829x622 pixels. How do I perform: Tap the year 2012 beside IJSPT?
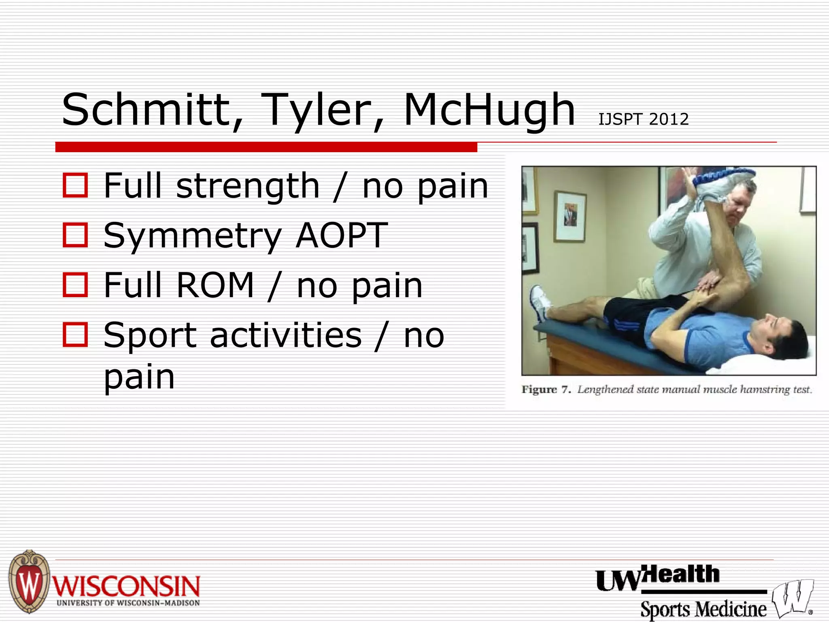[x=668, y=119]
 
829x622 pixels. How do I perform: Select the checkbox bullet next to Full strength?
[x=75, y=185]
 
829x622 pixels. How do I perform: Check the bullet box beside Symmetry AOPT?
[x=75, y=235]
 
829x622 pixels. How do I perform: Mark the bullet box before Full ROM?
[x=75, y=285]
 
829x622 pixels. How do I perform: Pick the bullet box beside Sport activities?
[x=75, y=334]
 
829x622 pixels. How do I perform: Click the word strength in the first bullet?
[x=248, y=186]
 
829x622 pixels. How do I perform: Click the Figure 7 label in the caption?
[x=546, y=390]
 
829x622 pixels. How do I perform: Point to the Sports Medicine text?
[x=704, y=609]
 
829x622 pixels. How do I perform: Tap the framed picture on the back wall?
[x=570, y=216]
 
